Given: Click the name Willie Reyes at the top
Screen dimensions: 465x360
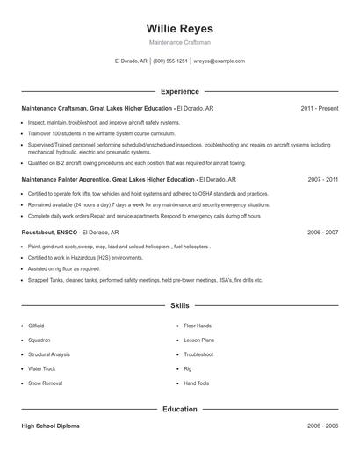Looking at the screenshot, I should pyautogui.click(x=179, y=29).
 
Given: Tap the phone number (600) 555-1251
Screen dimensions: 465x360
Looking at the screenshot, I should pyautogui.click(x=170, y=61).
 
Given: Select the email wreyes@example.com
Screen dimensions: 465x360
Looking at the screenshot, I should pyautogui.click(x=220, y=61).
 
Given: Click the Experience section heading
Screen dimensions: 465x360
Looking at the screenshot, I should pyautogui.click(x=179, y=91).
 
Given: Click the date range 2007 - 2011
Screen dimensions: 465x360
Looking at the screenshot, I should pyautogui.click(x=322, y=178).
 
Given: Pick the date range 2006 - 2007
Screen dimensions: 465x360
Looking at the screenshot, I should pyautogui.click(x=322, y=232).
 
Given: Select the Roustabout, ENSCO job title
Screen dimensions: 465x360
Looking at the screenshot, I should pyautogui.click(x=52, y=232).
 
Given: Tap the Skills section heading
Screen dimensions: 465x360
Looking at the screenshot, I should pyautogui.click(x=179, y=306).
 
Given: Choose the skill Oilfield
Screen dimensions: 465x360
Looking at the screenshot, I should pyautogui.click(x=37, y=325).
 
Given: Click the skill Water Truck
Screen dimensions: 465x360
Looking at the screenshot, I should pyautogui.click(x=41, y=368).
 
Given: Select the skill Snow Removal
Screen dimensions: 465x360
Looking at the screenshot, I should pyautogui.click(x=45, y=383).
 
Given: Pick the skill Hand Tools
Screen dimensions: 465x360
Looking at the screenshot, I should pyautogui.click(x=197, y=383).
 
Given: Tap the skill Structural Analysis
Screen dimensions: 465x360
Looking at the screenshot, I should pyautogui.click(x=49, y=354).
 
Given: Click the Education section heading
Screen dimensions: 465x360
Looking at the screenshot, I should pyautogui.click(x=179, y=409).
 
